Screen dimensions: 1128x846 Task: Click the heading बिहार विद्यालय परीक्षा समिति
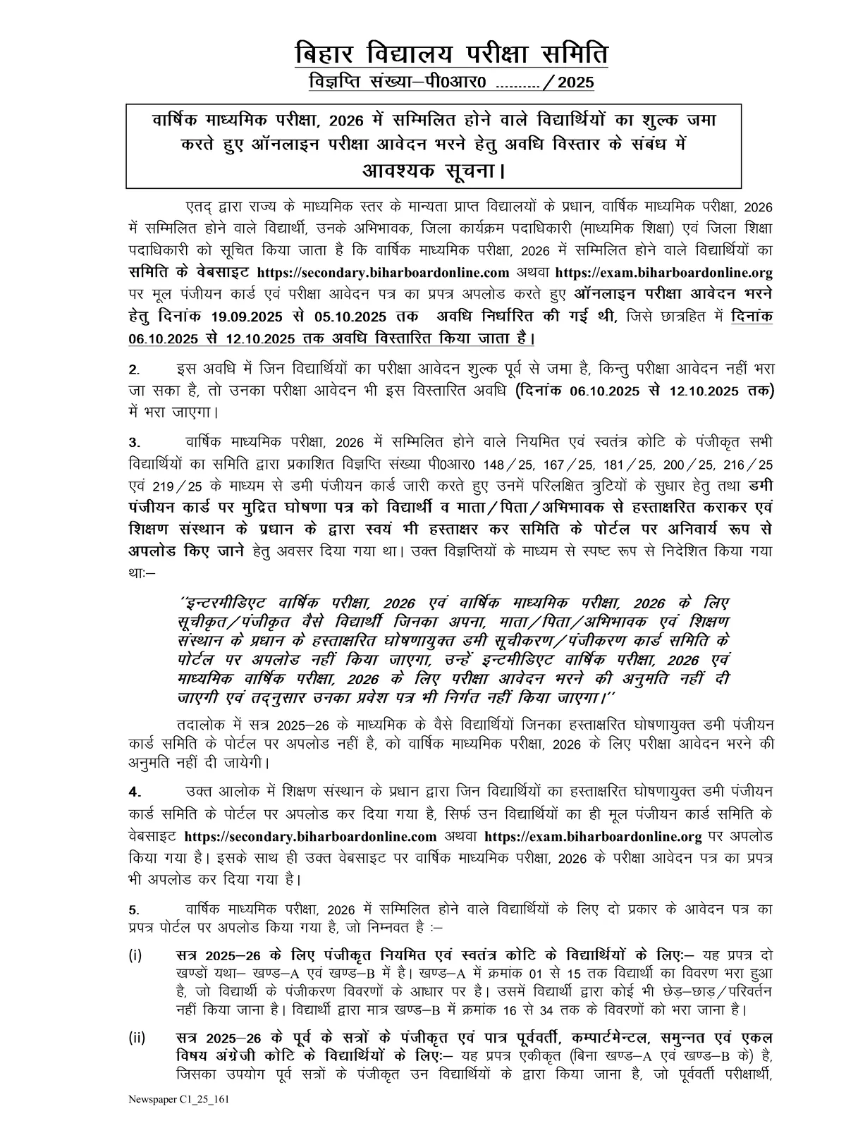(x=451, y=54)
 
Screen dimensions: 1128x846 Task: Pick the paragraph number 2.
(x=133, y=370)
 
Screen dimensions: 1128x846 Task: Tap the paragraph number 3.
(x=133, y=443)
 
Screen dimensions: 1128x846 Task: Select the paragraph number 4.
(x=134, y=791)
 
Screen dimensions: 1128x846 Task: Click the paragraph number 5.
(x=133, y=910)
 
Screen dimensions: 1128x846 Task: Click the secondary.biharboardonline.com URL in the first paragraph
(x=384, y=273)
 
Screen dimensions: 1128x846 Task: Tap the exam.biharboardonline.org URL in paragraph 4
(x=594, y=837)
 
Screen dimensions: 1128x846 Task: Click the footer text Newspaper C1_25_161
(x=178, y=1099)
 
